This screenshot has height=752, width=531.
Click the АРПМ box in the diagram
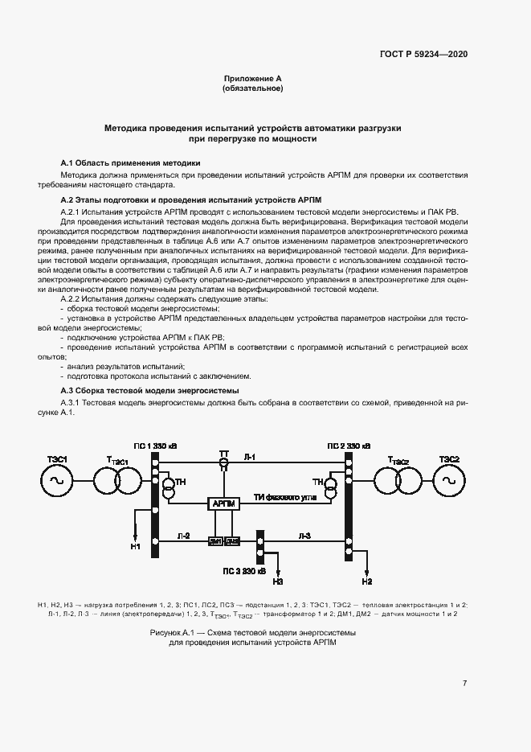224,503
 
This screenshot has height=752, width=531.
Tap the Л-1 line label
250,457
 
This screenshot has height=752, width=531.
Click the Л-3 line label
304,534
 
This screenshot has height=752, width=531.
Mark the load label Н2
367,581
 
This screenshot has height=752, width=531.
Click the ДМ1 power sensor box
215,541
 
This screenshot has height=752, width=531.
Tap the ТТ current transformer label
224,455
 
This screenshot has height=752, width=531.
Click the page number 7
464,684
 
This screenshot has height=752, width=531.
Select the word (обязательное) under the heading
252,88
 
